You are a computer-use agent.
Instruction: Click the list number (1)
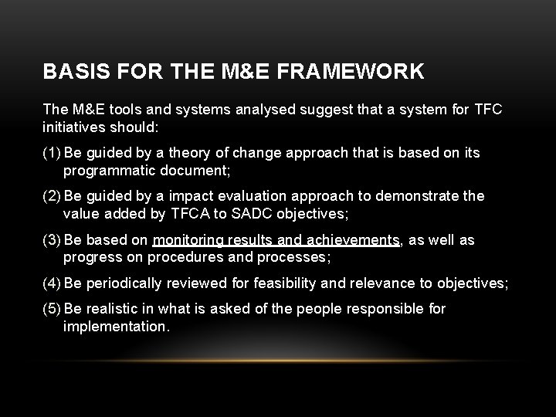[x=53, y=153]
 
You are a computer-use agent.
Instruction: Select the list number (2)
[x=53, y=196]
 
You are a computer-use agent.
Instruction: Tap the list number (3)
[x=53, y=240]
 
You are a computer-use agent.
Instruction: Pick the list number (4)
[x=53, y=283]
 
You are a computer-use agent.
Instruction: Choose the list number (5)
[x=53, y=309]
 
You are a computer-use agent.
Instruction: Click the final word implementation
[x=115, y=327]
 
